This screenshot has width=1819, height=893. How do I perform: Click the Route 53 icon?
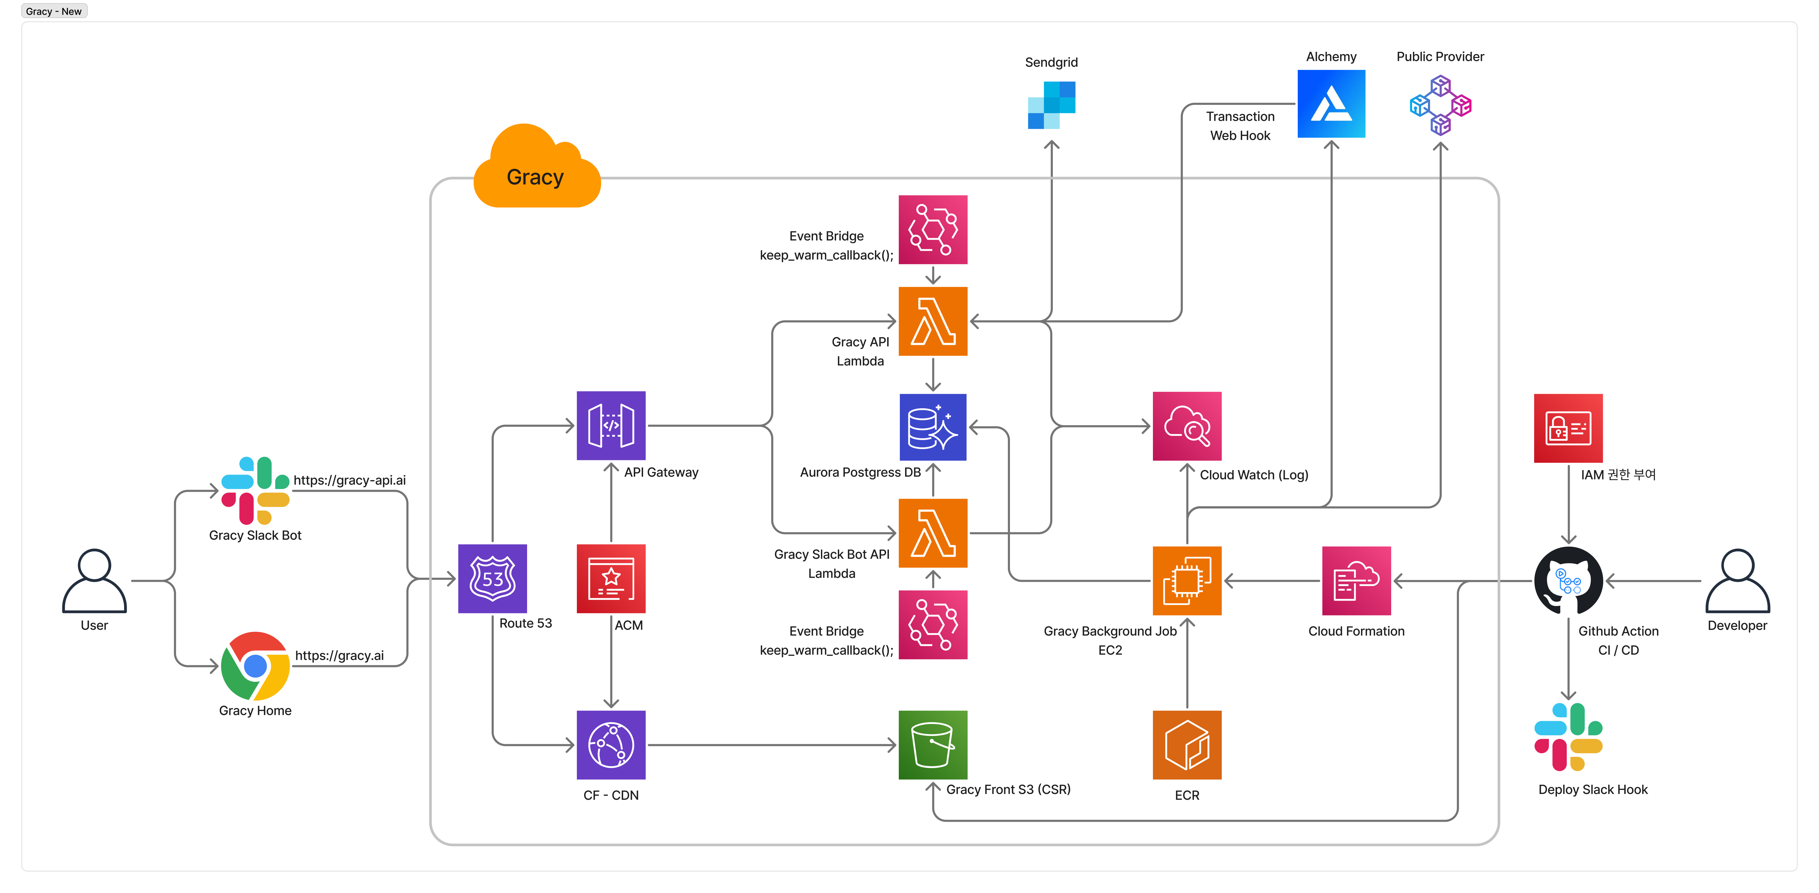pyautogui.click(x=492, y=579)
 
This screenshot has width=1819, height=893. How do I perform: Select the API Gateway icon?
pyautogui.click(x=611, y=425)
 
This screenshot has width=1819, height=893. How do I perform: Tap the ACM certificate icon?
pyautogui.click(x=611, y=579)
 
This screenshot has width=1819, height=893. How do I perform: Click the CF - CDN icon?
pyautogui.click(x=611, y=745)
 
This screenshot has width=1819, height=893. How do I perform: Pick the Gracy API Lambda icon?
pyautogui.click(x=933, y=322)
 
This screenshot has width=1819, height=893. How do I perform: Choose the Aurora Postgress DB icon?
pyautogui.click(x=933, y=427)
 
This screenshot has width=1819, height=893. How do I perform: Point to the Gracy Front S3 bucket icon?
pyautogui.click(x=933, y=745)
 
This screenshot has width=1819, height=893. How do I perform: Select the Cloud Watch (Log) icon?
pyautogui.click(x=1187, y=426)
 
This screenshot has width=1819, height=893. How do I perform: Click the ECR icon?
pyautogui.click(x=1187, y=745)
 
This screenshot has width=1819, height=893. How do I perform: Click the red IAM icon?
pyautogui.click(x=1568, y=428)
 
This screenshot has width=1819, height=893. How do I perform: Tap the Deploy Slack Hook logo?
pyautogui.click(x=1568, y=737)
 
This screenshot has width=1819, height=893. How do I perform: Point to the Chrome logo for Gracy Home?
pyautogui.click(x=255, y=666)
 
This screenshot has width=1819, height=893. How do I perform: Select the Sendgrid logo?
pyautogui.click(x=1052, y=105)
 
